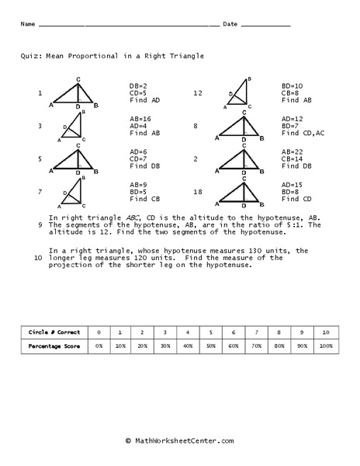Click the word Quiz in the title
pos(33,56)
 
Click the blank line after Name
pos(128,26)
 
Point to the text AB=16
pos(141,118)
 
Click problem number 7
pos(40,191)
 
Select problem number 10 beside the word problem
pos(38,258)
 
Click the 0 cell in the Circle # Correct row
pos(99,332)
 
